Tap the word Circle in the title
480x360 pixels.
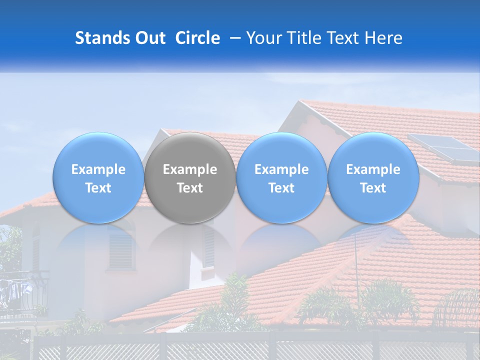click(197, 38)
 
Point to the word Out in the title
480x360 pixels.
click(149, 38)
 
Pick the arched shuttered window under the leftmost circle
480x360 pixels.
click(121, 247)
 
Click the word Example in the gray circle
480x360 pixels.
click(190, 169)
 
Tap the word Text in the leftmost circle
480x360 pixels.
click(98, 188)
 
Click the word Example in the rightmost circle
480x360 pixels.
click(373, 169)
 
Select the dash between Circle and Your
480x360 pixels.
click(233, 38)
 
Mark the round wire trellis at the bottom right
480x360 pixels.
click(457, 307)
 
